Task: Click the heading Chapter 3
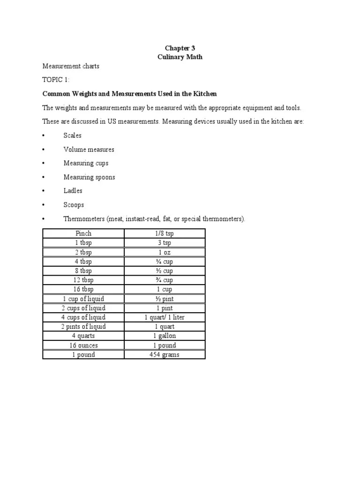pyautogui.click(x=180, y=48)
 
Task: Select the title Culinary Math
pyautogui.click(x=180, y=57)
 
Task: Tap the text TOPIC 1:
pyautogui.click(x=55, y=80)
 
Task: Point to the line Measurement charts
pyautogui.click(x=71, y=66)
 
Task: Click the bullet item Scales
pyautogui.click(x=73, y=135)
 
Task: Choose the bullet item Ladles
pyautogui.click(x=73, y=191)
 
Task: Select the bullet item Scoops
pyautogui.click(x=74, y=205)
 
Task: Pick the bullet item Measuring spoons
pyautogui.click(x=89, y=177)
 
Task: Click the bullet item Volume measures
pyautogui.click(x=89, y=150)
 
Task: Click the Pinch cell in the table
pyautogui.click(x=83, y=233)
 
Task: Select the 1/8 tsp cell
pyautogui.click(x=165, y=233)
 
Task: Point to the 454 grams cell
pyautogui.click(x=165, y=354)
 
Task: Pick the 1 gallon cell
pyautogui.click(x=165, y=336)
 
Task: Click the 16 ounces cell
pyautogui.click(x=83, y=345)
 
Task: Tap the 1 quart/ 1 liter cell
pyautogui.click(x=165, y=317)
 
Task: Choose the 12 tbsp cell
pyautogui.click(x=83, y=280)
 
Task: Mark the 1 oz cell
pyautogui.click(x=165, y=252)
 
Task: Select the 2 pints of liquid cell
pyautogui.click(x=83, y=326)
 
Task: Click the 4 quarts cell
pyautogui.click(x=83, y=336)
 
